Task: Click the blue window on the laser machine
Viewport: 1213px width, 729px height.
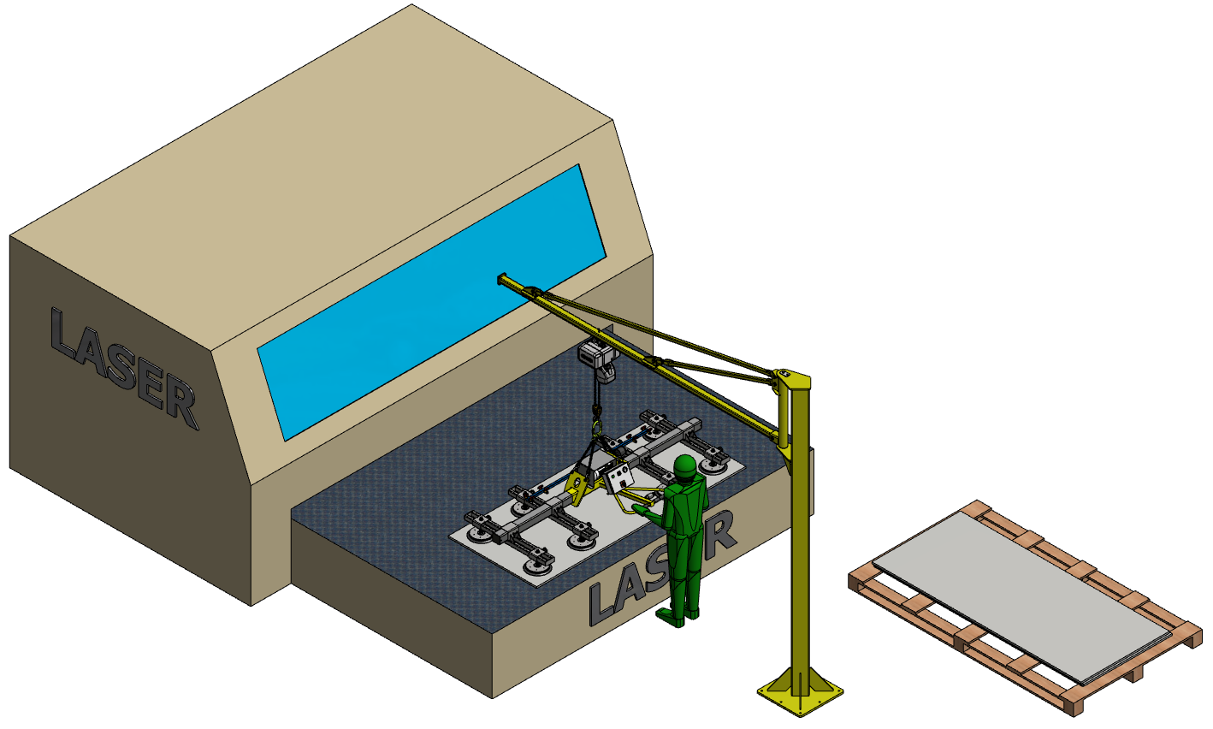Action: tap(432, 303)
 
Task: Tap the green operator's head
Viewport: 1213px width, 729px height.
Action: tap(685, 467)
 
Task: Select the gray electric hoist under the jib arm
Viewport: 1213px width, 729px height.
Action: tap(599, 358)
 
